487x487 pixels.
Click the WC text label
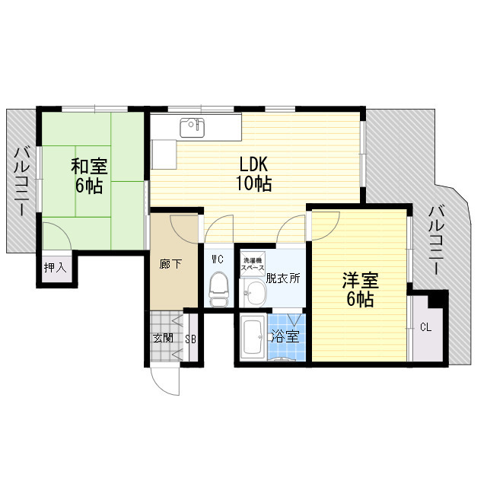217,259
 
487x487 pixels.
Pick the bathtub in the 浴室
252,338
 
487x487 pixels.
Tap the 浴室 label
285,337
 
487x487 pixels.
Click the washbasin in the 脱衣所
253,291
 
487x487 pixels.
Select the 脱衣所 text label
283,278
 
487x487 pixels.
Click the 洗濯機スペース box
253,263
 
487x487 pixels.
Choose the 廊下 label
170,264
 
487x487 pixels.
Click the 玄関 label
163,338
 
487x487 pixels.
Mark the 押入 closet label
56,267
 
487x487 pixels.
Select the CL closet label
425,328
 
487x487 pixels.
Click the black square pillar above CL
437,299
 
